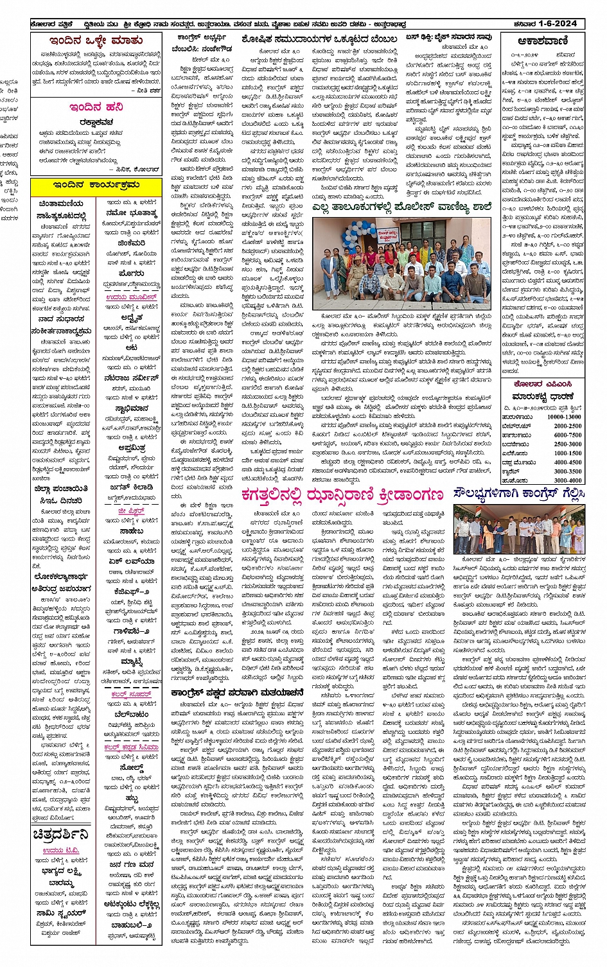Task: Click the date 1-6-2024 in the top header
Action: pyautogui.click(x=558, y=24)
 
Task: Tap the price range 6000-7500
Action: pyautogui.click(x=567, y=435)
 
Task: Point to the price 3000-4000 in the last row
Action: pyautogui.click(x=567, y=480)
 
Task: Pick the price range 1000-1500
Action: pyautogui.click(x=567, y=453)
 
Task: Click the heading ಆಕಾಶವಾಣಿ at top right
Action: pyautogui.click(x=542, y=41)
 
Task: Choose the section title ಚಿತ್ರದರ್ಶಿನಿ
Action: pyautogui.click(x=61, y=835)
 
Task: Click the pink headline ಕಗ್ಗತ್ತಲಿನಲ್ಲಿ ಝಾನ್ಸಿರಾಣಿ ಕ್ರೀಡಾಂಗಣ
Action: pyautogui.click(x=342, y=495)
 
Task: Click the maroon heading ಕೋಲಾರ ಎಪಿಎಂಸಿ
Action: pyautogui.click(x=542, y=384)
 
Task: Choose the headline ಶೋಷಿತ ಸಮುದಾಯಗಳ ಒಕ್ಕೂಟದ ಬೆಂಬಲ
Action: pyautogui.click(x=319, y=39)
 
